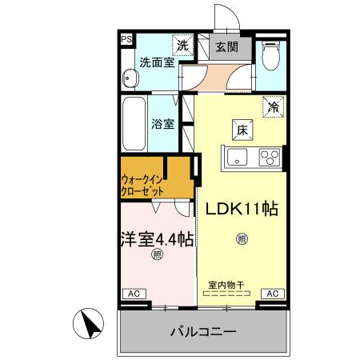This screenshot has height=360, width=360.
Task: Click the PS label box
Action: tap(126, 38)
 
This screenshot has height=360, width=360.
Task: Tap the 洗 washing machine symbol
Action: tap(182, 46)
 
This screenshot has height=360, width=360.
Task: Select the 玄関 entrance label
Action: tap(226, 46)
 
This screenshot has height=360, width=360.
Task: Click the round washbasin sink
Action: tap(130, 78)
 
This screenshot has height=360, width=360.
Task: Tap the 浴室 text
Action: tap(164, 124)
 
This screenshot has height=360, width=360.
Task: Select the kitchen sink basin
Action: tap(239, 157)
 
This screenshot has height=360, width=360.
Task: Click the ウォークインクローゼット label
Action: tap(144, 186)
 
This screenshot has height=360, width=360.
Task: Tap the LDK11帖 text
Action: tap(242, 209)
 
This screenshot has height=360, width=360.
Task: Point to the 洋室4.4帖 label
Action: tap(157, 238)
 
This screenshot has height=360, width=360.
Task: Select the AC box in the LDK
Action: tap(272, 294)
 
